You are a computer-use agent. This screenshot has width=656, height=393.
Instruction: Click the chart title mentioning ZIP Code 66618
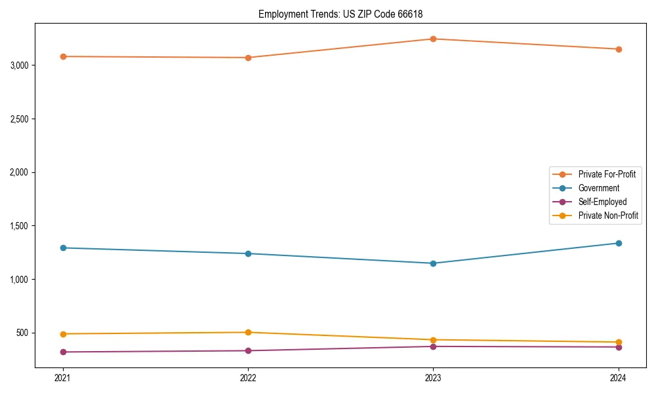click(345, 14)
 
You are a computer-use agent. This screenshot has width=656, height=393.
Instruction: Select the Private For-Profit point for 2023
click(433, 39)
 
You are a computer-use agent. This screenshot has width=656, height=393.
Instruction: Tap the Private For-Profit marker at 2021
click(63, 56)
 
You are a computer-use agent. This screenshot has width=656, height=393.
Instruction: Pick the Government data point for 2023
click(433, 263)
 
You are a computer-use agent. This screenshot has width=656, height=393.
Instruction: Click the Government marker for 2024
click(619, 243)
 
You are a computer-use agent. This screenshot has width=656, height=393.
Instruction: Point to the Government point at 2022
click(248, 253)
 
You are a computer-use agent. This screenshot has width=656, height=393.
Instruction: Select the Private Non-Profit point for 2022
click(248, 332)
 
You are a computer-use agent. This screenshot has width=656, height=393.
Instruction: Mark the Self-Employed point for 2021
click(63, 352)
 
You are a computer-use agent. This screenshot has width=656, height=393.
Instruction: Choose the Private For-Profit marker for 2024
click(619, 49)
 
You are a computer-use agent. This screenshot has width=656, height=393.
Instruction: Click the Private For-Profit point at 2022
click(248, 58)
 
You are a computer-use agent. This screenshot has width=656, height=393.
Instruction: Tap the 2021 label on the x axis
click(63, 377)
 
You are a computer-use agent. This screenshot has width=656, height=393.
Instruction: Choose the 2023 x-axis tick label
click(433, 377)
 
